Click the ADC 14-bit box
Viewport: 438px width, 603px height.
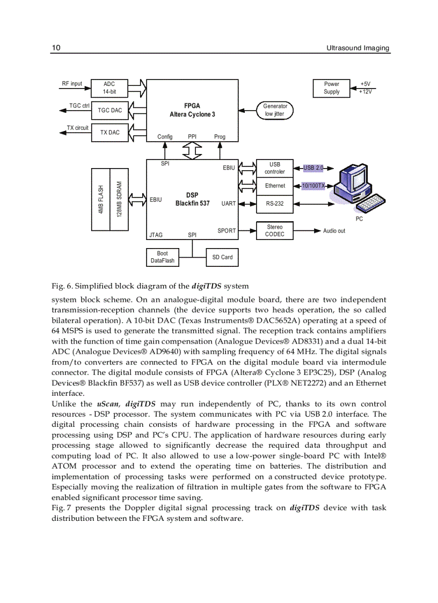point(109,88)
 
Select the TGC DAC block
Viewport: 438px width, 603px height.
point(109,110)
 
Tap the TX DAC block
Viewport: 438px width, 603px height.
point(110,132)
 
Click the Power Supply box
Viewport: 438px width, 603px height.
point(331,88)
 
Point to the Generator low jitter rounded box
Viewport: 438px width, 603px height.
point(275,110)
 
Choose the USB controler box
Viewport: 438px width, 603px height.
point(275,168)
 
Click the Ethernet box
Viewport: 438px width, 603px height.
point(275,186)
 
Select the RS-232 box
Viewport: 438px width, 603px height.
point(275,204)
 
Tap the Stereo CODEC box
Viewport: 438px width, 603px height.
point(275,231)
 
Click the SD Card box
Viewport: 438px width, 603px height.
point(222,257)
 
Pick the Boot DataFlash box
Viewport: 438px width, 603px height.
point(162,257)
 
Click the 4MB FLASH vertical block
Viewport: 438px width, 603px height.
point(101,200)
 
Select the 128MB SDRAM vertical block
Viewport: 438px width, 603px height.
point(119,200)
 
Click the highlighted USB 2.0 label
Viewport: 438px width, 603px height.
point(313,168)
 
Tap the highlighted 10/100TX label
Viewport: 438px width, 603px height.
point(313,186)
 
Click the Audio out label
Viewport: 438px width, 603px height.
point(334,231)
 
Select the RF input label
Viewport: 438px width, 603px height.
point(72,84)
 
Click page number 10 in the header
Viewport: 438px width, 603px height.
point(56,48)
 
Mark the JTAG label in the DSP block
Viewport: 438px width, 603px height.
point(156,235)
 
